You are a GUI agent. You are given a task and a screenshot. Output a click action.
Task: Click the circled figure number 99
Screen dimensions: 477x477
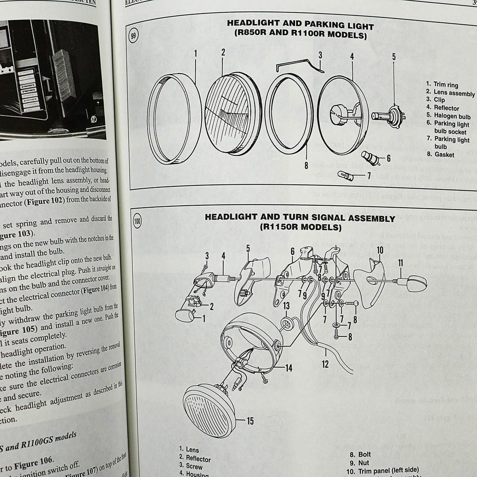[x=134, y=36]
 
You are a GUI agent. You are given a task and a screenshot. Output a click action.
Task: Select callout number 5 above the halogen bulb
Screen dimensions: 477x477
[x=394, y=57]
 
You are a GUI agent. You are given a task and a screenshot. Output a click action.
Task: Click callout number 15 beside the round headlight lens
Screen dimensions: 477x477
[x=250, y=421]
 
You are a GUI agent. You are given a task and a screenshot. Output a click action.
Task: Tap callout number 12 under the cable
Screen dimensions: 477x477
[x=325, y=364]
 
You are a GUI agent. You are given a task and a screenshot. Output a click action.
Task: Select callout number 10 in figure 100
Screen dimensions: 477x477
[x=380, y=250]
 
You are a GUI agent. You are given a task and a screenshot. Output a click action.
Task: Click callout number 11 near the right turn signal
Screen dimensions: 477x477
[x=400, y=263]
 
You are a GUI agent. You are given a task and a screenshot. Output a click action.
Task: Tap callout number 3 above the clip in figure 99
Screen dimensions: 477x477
[x=320, y=55]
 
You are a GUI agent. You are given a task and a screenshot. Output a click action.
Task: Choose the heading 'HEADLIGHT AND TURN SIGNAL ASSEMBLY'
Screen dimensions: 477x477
[x=300, y=218]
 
